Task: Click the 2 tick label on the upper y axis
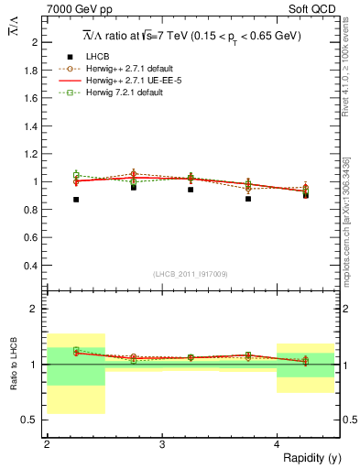point(38,42)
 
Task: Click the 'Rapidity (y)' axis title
point(307,458)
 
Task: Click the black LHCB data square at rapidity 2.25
point(76,199)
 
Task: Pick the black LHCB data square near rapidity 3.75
point(248,199)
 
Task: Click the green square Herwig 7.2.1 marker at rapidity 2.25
point(76,174)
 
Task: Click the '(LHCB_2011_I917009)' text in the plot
point(191,275)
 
